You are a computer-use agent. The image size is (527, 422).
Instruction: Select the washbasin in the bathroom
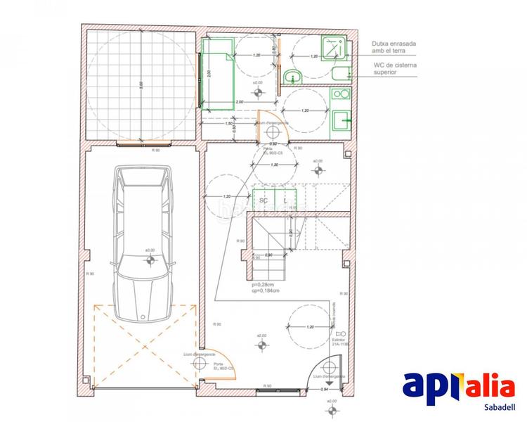[292, 76]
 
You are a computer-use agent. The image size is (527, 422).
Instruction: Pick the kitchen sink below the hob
[341, 120]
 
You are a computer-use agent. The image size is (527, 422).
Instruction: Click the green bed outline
[219, 75]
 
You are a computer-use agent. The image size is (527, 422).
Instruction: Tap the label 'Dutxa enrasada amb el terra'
[394, 47]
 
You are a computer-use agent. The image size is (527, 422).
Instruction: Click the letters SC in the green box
[264, 200]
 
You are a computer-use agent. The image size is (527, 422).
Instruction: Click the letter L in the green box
[284, 200]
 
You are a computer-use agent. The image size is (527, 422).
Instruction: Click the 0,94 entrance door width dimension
[325, 389]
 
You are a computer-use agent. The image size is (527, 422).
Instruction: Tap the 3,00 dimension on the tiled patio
[141, 84]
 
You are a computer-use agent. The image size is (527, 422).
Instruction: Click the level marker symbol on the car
[150, 260]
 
